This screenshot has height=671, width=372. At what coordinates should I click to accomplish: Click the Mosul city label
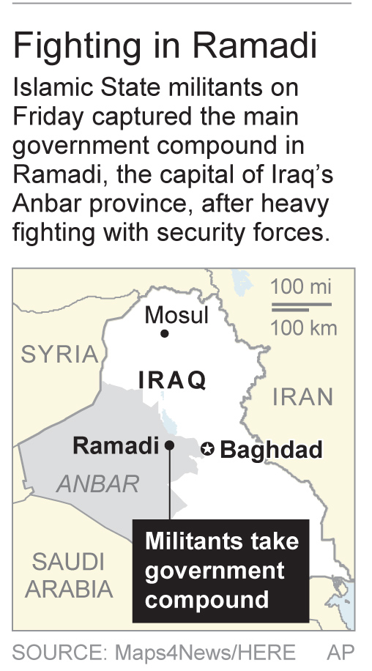coord(176,315)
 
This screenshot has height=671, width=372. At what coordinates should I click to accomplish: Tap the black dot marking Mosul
coord(165,334)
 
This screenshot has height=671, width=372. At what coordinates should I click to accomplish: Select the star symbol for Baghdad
coord(208,449)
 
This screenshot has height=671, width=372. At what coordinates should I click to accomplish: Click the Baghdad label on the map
coord(271,449)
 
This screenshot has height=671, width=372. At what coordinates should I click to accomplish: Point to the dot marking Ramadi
coord(169,445)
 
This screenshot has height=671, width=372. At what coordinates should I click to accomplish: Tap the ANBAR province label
coord(97,483)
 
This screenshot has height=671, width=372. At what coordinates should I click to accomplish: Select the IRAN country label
coord(302,396)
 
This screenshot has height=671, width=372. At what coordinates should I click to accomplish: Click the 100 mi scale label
coord(301,286)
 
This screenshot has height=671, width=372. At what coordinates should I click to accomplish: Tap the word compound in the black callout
coord(207,599)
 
